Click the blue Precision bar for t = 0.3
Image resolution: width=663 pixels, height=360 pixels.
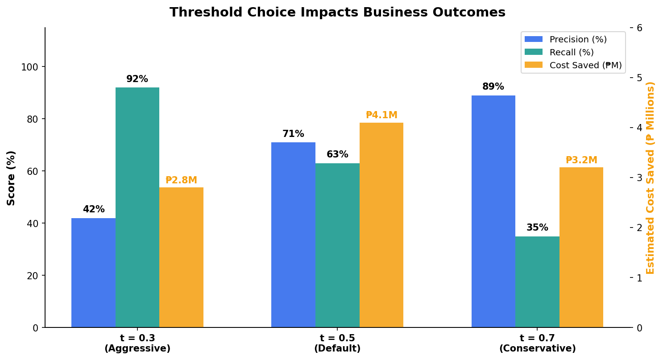(x=93, y=273)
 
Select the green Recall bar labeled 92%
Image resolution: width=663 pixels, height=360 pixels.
(x=137, y=207)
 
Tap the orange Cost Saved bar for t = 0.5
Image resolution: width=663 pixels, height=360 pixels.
(x=381, y=225)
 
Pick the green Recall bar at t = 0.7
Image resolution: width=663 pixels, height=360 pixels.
(x=537, y=282)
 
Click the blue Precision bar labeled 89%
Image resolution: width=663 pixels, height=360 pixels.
(x=493, y=211)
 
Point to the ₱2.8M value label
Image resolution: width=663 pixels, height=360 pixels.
(x=181, y=180)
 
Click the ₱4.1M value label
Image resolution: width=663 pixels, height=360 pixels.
(x=381, y=115)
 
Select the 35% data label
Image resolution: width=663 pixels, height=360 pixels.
(x=537, y=228)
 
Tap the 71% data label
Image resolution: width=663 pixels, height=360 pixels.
(x=293, y=134)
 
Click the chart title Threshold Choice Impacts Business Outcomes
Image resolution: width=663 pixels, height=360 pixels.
(x=337, y=12)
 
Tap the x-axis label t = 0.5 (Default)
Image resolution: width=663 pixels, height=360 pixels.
(x=337, y=343)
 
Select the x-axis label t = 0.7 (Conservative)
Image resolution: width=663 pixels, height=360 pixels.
(x=537, y=343)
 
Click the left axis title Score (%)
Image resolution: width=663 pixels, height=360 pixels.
(x=12, y=178)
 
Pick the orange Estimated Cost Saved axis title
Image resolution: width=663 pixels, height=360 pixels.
(x=650, y=178)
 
